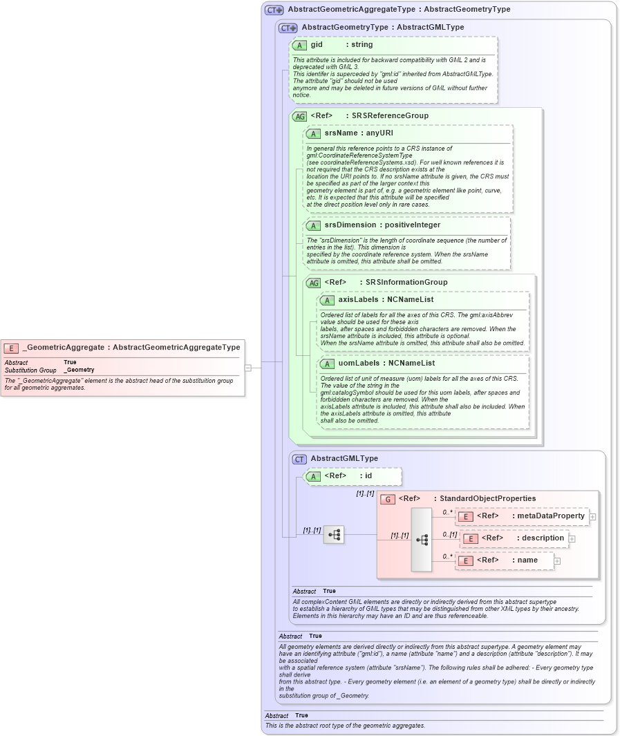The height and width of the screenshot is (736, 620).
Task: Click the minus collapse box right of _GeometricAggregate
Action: tap(247, 368)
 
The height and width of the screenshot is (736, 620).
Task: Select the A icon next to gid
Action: tap(299, 45)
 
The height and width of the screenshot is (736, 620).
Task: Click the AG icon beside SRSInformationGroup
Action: tap(313, 283)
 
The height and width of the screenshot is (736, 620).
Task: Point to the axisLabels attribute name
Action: tap(357, 300)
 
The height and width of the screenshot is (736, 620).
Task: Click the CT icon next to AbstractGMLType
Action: tap(299, 459)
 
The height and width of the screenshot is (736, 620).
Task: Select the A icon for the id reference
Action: tap(313, 476)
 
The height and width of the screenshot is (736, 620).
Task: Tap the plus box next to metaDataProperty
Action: tap(592, 516)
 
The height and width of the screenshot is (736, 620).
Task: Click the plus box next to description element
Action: tap(572, 538)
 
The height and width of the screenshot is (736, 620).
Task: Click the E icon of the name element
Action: tap(466, 560)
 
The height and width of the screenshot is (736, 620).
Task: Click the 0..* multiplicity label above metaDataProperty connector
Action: tap(447, 512)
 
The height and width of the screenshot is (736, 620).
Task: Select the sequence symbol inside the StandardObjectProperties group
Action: tap(422, 540)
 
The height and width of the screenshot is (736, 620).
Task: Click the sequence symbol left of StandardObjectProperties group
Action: tap(334, 534)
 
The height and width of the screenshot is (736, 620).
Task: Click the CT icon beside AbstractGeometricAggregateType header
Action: tap(274, 10)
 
